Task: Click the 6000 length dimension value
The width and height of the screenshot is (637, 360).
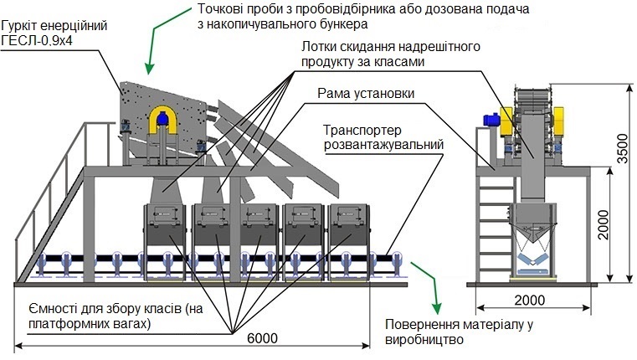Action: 263,338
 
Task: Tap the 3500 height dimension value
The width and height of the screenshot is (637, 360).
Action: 622,148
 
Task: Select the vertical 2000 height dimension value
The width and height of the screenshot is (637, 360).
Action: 604,224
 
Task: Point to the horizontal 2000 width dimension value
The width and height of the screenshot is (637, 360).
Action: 530,301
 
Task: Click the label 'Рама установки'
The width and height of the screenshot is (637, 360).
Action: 366,94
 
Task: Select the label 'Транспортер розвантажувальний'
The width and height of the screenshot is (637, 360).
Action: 383,137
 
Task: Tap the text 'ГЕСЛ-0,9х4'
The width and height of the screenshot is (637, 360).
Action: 37,41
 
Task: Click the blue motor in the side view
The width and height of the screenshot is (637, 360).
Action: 491,120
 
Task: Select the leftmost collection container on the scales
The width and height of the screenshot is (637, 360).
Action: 165,242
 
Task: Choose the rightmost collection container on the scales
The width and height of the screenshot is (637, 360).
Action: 349,242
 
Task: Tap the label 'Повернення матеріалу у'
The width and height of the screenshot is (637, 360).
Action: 459,325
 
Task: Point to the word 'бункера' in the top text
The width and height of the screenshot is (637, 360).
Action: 342,24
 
